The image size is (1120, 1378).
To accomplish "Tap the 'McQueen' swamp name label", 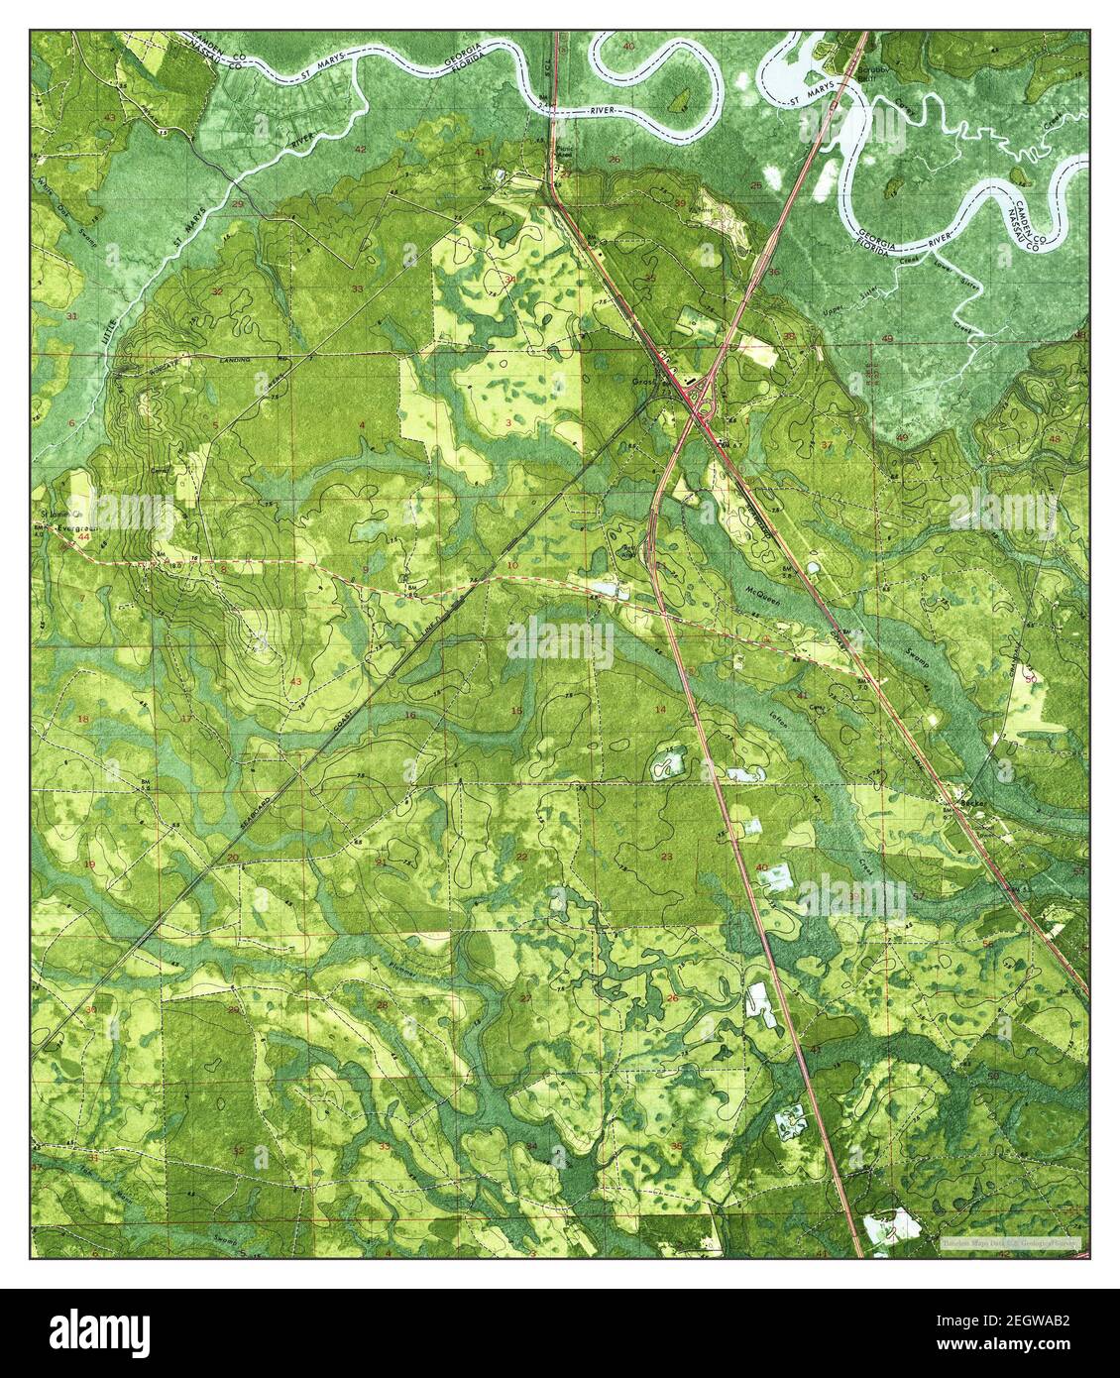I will point(761,593).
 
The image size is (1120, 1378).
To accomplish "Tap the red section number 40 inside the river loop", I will point(628,47).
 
